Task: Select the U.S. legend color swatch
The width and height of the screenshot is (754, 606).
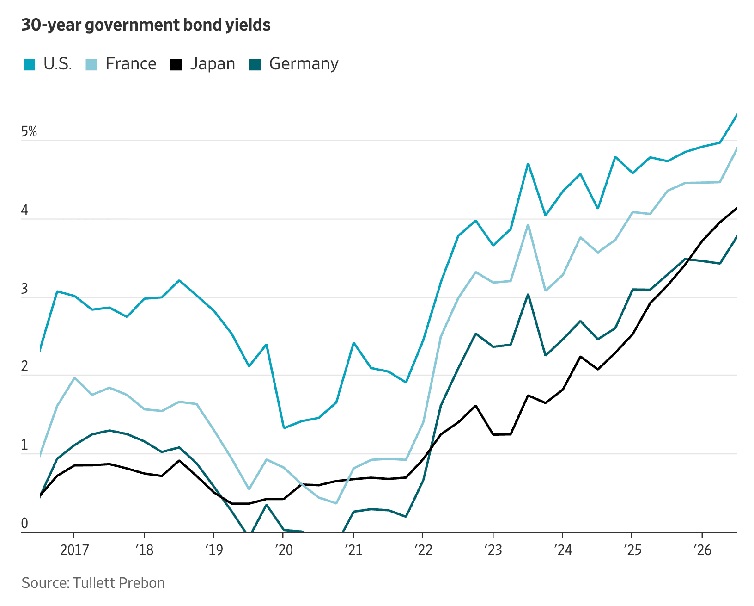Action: (29, 65)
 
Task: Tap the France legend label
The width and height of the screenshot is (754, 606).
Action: (131, 64)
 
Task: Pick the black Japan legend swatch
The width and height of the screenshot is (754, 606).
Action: (176, 65)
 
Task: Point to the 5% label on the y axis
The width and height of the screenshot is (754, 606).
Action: (29, 131)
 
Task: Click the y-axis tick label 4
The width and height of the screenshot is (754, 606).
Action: (24, 210)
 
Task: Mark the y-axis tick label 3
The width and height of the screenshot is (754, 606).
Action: (24, 289)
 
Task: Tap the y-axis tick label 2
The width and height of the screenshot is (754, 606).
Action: (24, 366)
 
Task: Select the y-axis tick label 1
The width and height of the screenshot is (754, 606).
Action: (24, 445)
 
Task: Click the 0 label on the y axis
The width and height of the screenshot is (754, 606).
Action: (24, 523)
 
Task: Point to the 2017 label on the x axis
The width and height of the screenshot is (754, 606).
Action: (74, 550)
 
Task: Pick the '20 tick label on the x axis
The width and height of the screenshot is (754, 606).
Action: (284, 550)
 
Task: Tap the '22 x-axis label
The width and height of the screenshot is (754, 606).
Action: (423, 550)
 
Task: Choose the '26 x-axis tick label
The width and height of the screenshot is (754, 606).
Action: (703, 550)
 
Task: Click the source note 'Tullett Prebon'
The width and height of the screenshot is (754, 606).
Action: (119, 583)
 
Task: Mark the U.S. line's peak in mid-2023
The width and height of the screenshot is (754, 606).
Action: (528, 163)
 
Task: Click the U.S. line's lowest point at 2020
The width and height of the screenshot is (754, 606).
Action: (284, 428)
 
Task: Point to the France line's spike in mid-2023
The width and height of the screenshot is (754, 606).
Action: (528, 225)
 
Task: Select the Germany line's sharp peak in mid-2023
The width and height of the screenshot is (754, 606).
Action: (528, 294)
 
